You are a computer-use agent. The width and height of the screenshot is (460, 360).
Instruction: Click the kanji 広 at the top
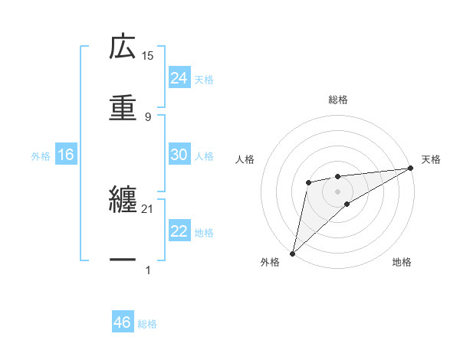point(123,47)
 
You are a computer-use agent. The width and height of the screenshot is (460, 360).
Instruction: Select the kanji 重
point(123,106)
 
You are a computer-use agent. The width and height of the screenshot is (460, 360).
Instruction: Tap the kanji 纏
point(123,200)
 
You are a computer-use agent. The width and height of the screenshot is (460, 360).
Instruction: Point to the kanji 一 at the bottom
point(123,260)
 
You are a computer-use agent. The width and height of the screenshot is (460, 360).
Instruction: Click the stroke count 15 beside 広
point(148,56)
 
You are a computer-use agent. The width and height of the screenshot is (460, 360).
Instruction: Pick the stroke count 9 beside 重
point(148,116)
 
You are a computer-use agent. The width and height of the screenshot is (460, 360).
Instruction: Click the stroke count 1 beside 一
point(148,270)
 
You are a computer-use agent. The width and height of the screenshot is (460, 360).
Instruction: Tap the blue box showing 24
point(179,78)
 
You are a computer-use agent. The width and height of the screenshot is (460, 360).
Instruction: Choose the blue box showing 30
point(179,155)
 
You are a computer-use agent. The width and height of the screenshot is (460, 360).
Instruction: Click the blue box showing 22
point(179,231)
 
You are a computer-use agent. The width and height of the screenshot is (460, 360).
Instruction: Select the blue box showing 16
point(66,155)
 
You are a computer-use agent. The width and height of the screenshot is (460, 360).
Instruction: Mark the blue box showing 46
point(123,322)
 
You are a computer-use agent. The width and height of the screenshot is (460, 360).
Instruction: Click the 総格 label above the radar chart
point(338,100)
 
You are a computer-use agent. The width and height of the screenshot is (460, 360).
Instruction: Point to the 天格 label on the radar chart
point(431,159)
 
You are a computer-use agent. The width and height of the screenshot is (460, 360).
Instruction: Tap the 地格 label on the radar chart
point(402,263)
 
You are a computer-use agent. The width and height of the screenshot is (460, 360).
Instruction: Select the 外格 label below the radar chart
point(270,263)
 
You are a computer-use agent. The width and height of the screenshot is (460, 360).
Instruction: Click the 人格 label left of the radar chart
point(245,159)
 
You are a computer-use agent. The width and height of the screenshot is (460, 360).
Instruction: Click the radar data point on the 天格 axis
point(411,168)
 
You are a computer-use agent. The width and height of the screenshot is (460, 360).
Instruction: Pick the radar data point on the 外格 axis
point(292,253)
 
